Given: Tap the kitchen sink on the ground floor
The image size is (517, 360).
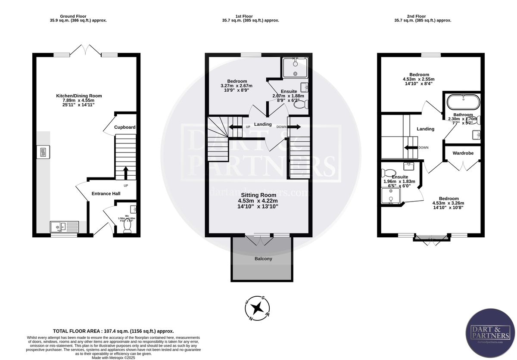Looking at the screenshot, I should [x=64, y=226].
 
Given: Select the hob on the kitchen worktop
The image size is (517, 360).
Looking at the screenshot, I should [x=44, y=152].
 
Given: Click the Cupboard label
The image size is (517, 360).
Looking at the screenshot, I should [x=125, y=127].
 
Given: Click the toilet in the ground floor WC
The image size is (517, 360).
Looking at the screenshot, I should [x=127, y=229].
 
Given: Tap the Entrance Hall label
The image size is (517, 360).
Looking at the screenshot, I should [x=106, y=194].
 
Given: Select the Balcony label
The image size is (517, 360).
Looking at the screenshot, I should [x=263, y=259].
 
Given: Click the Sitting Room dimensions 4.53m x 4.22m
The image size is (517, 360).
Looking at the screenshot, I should [x=258, y=201].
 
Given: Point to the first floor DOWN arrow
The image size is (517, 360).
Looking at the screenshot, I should [x=294, y=127].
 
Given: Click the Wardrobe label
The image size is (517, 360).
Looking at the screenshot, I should [x=463, y=153].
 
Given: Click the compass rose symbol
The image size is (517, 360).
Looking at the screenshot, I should [x=258, y=307].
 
